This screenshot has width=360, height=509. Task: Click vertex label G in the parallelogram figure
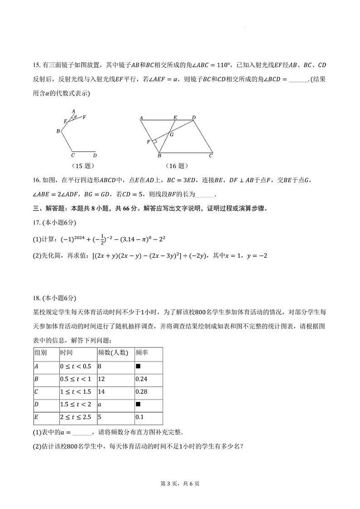[x=171, y=134]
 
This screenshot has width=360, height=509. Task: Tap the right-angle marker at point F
[x=155, y=142]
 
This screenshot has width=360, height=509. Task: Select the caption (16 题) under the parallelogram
[x=175, y=166]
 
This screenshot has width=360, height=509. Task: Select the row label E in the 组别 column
[x=36, y=417]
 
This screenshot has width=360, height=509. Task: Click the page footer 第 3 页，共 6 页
[x=180, y=483]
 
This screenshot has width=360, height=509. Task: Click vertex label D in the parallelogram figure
[x=194, y=117]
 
